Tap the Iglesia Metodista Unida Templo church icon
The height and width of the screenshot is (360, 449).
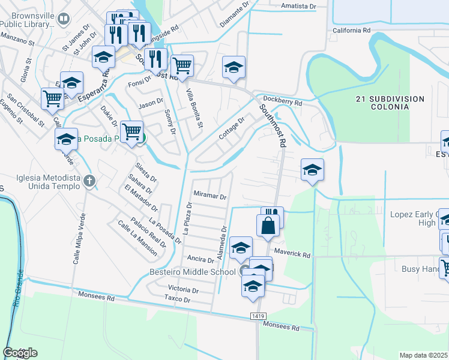click(x=89, y=180)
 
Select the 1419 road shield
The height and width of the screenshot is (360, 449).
click(x=259, y=316)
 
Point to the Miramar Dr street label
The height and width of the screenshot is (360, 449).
click(x=209, y=196)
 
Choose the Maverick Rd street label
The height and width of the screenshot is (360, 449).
click(x=292, y=254)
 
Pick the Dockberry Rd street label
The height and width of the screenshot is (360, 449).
click(x=285, y=103)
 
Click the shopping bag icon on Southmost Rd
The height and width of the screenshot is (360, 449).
click(x=268, y=226)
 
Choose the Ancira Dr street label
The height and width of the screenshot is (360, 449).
click(x=202, y=260)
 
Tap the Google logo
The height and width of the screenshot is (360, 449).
click(x=20, y=353)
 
